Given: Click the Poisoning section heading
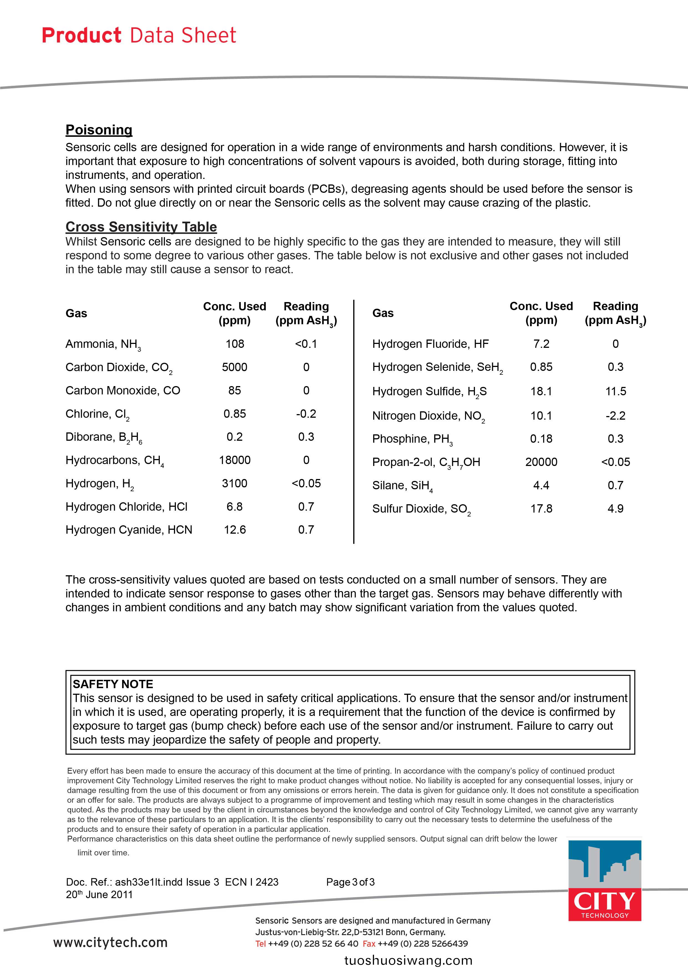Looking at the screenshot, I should click(99, 130).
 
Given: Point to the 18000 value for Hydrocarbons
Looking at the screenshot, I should click(234, 460).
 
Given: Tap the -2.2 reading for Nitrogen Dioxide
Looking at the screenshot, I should click(616, 416).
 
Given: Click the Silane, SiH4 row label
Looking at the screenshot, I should click(402, 486).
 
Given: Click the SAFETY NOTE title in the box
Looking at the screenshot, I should click(113, 684).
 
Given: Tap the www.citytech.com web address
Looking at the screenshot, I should click(110, 942).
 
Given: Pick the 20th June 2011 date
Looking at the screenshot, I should click(99, 895).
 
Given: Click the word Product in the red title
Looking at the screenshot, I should click(81, 35).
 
